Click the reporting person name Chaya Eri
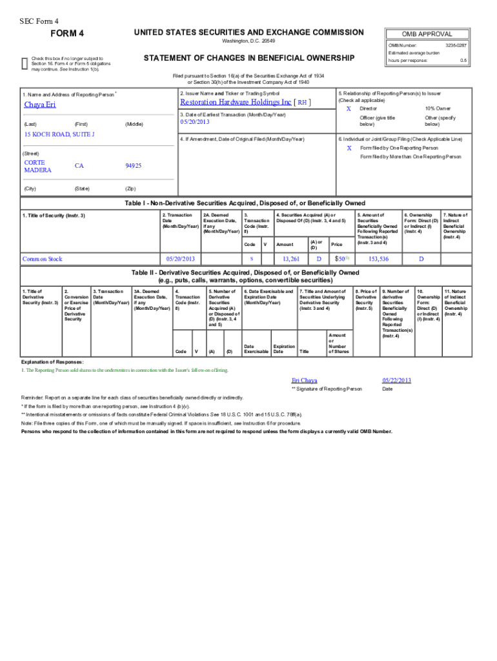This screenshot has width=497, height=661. click(x=40, y=105)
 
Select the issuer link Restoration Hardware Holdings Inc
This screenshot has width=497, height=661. click(x=236, y=102)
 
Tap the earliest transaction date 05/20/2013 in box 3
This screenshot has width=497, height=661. click(x=196, y=122)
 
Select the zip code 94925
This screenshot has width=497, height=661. click(x=134, y=166)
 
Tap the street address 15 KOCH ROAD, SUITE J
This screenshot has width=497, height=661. click(x=59, y=134)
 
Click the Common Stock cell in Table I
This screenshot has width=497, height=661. click(x=43, y=259)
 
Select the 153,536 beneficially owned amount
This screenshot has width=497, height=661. click(x=378, y=259)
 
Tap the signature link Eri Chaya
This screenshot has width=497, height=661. click(x=305, y=380)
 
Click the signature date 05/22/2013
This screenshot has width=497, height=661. click(x=396, y=380)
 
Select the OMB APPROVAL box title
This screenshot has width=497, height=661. click(x=427, y=34)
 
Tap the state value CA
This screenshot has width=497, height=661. click(x=79, y=166)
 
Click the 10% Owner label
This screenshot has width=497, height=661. click(x=438, y=108)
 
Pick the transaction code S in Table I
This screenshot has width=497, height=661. click(x=251, y=259)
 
